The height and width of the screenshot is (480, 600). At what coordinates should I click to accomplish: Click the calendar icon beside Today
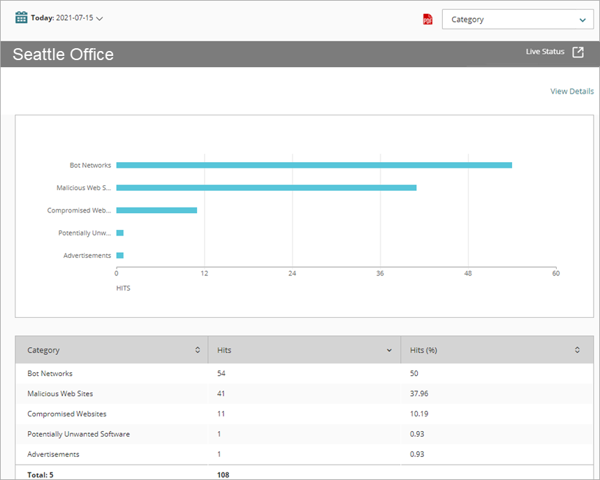[x=22, y=17]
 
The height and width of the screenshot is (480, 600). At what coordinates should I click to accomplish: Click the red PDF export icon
[x=427, y=20]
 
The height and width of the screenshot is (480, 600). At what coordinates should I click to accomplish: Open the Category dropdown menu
[x=518, y=20]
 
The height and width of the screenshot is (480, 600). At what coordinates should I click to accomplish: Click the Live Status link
[x=545, y=52]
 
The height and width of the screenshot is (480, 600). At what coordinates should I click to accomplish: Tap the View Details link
[x=571, y=92]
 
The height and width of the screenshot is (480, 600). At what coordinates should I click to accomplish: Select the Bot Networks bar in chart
[x=314, y=166]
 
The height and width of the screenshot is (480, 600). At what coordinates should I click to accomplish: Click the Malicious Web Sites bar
[x=266, y=188]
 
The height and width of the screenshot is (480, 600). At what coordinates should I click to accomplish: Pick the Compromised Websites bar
[x=156, y=210]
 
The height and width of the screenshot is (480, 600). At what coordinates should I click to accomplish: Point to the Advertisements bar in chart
[x=120, y=256]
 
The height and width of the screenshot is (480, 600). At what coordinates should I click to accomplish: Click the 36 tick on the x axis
[x=380, y=273]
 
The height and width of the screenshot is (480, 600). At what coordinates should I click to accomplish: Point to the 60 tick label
[x=555, y=273]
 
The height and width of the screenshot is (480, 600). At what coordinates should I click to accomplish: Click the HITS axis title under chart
[x=123, y=288]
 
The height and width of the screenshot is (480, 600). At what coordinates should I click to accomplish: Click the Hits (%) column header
[x=423, y=350]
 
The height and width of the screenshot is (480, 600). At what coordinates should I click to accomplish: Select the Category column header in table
[x=43, y=350]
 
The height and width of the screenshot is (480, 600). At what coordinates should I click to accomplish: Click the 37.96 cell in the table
[x=419, y=394]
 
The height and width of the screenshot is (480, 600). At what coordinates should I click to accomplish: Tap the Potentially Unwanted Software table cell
[x=78, y=435]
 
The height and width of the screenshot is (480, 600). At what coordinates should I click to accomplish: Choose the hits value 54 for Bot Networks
[x=221, y=374]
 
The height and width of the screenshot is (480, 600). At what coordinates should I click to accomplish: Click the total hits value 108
[x=223, y=475]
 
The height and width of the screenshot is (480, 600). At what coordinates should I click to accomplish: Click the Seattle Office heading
[x=63, y=54]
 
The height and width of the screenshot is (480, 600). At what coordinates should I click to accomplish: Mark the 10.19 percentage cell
[x=419, y=414]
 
